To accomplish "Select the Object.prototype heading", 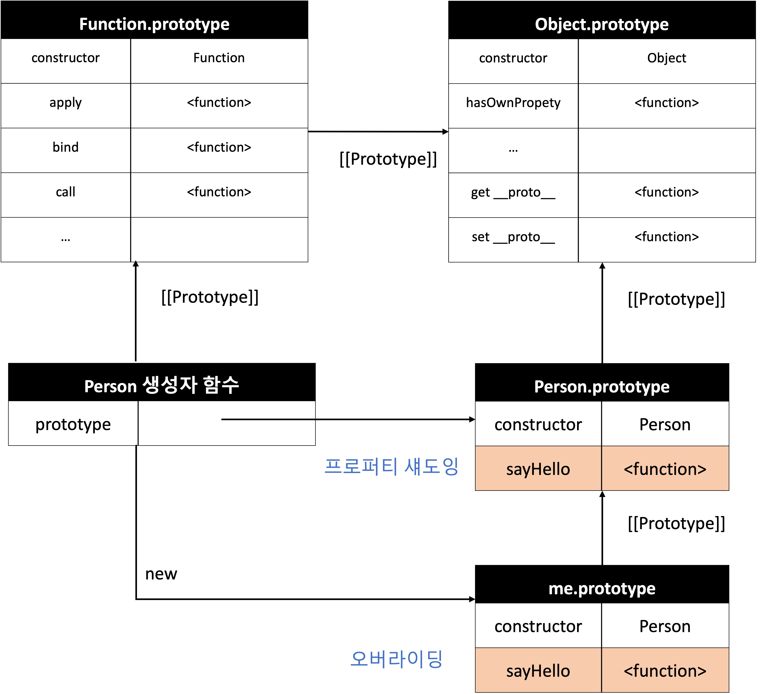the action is pos(601,24).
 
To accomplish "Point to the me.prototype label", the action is pos(602,589).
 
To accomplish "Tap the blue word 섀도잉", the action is pos(431,466).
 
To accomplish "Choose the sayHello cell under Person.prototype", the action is pos(538,469).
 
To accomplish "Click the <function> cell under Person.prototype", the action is pos(665,469).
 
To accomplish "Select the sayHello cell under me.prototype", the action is pos(538,671).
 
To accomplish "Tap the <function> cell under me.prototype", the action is pos(665,671).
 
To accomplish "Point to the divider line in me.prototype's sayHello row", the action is pos(601,671).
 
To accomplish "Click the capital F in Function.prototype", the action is pos(84,24).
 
